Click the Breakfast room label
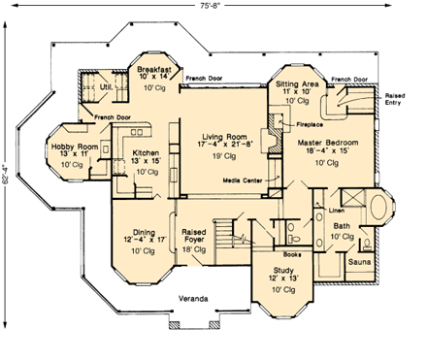click(154, 70)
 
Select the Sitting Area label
click(298, 85)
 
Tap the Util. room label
click(108, 86)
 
